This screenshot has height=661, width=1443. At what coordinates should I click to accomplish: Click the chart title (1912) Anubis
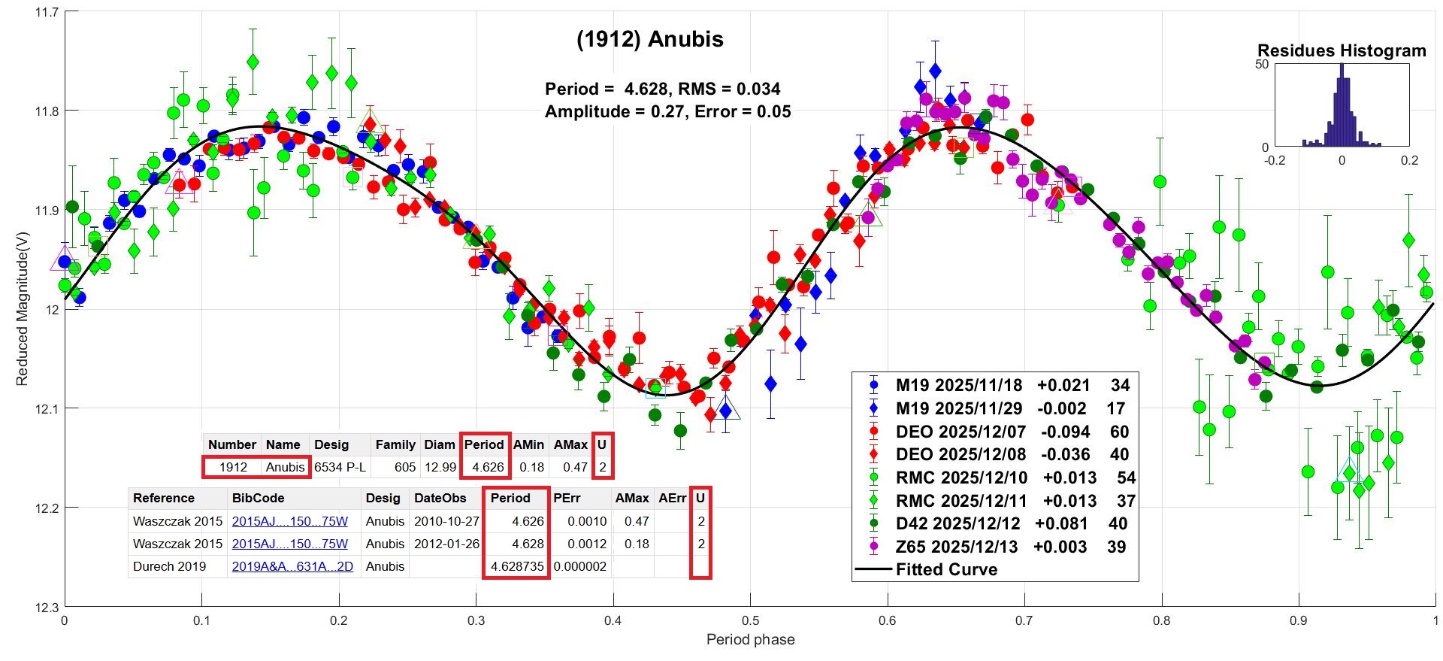[x=649, y=39]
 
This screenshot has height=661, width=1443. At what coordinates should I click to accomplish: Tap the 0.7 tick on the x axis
[x=1024, y=621]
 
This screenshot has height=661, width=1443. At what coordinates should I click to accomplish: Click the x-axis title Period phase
[x=750, y=640]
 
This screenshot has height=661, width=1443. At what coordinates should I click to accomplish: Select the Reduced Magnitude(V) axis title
[x=22, y=308]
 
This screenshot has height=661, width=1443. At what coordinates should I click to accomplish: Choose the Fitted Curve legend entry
[x=946, y=569]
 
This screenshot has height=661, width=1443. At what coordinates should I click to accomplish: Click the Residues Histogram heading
[x=1342, y=50]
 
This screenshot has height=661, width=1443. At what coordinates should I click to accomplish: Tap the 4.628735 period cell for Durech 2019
[x=516, y=566]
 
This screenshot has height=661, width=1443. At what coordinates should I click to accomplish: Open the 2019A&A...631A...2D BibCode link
[x=292, y=566]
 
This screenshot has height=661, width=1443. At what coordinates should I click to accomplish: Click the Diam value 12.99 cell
[x=440, y=467]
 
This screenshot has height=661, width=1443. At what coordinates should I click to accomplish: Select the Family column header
[x=395, y=444]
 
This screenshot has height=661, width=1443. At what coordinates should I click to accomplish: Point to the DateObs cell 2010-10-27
[x=446, y=521]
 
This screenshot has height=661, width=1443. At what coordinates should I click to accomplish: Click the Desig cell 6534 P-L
[x=340, y=467]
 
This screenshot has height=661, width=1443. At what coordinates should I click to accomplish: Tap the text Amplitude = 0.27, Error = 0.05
[x=667, y=112]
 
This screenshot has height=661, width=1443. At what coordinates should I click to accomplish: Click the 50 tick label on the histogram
[x=1262, y=65]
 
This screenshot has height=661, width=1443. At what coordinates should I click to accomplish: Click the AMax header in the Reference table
[x=631, y=498]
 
